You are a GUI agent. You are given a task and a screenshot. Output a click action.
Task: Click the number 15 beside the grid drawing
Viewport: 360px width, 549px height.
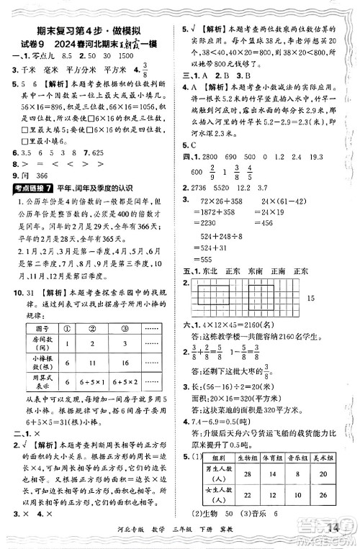pyautogui.click(x=330, y=298)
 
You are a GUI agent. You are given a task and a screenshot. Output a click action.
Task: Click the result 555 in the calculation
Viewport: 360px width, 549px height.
pyautogui.click(x=210, y=258)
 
